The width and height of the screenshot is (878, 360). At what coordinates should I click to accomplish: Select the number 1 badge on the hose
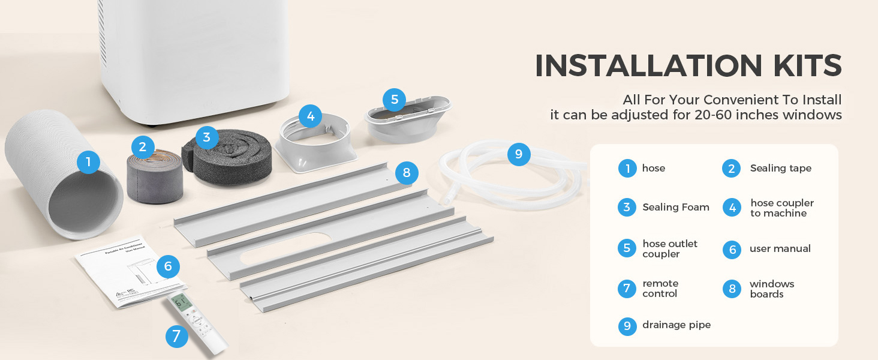[88, 162]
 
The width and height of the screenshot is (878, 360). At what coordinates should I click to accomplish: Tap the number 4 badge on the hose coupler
[310, 116]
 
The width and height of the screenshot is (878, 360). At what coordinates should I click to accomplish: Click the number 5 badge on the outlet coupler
[394, 100]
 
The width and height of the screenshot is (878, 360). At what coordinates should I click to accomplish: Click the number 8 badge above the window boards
[407, 173]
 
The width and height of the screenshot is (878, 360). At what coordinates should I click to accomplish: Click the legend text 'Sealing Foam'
[675, 208]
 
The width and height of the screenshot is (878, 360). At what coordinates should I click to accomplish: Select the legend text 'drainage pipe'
[676, 325]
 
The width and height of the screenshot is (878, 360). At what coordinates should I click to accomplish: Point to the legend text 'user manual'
[780, 249]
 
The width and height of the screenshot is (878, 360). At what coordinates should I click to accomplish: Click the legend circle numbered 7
[627, 289]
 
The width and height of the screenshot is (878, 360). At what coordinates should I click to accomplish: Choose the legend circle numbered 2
[731, 169]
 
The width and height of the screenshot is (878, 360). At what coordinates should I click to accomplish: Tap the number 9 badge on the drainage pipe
[519, 154]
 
